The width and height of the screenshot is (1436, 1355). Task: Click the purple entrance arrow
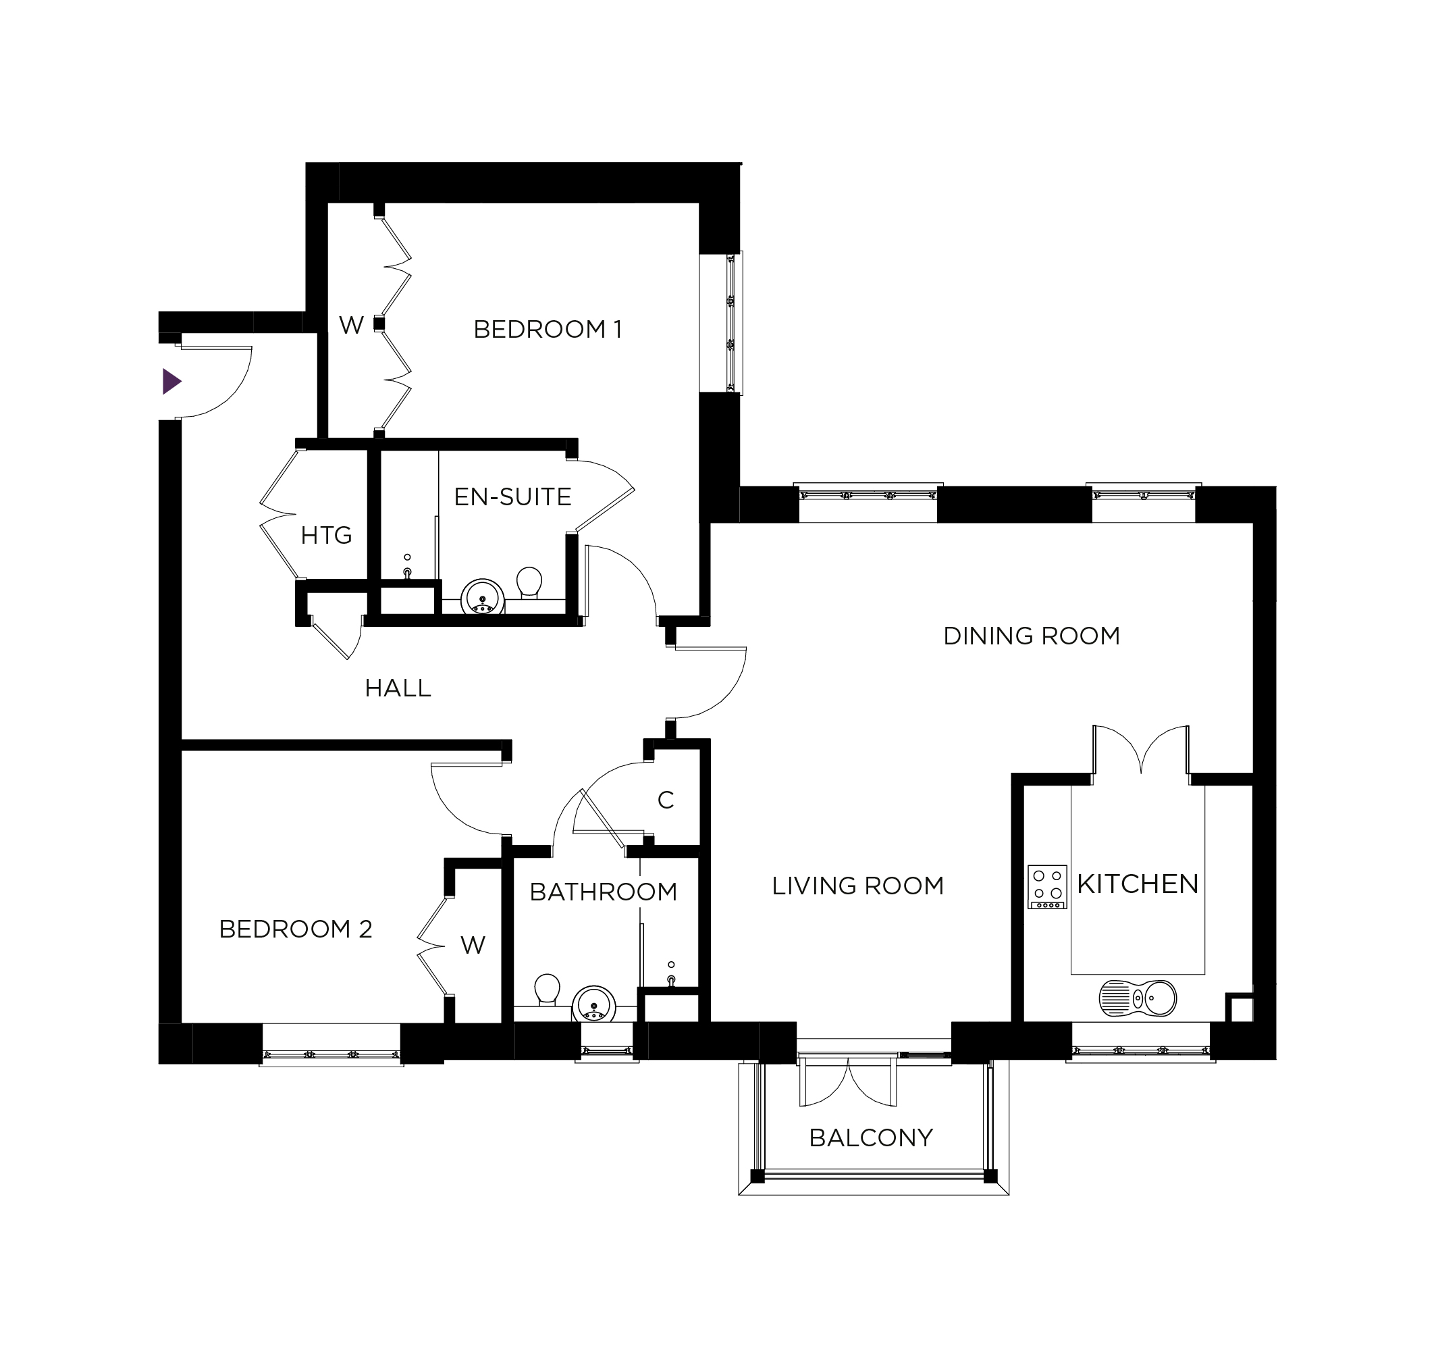171,382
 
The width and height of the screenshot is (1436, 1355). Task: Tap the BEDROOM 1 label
548,330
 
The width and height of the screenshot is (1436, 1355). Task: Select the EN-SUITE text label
513,497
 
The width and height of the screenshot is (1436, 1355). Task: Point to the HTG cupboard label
327,536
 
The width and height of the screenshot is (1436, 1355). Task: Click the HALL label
398,689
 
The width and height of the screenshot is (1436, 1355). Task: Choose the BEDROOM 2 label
296,929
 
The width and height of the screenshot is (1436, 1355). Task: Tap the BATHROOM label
604,892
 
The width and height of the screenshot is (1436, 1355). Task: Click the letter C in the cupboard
666,800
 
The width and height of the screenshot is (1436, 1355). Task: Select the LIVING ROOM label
858,886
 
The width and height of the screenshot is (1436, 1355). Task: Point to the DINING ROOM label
1032,636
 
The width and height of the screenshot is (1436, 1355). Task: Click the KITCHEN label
1138,884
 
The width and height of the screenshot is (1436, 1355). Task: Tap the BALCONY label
871,1138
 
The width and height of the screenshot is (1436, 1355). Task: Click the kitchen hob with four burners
1047,887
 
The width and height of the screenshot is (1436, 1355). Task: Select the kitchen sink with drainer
1138,1000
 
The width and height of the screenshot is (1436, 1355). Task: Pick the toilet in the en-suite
529,582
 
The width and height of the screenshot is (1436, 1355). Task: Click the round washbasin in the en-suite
482,597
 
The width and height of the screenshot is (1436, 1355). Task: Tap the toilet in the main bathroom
547,990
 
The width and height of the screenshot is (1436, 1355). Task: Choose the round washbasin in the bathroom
593,1005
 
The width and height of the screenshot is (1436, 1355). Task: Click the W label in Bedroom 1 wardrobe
351,326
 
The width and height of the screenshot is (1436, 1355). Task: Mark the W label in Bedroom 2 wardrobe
473,945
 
